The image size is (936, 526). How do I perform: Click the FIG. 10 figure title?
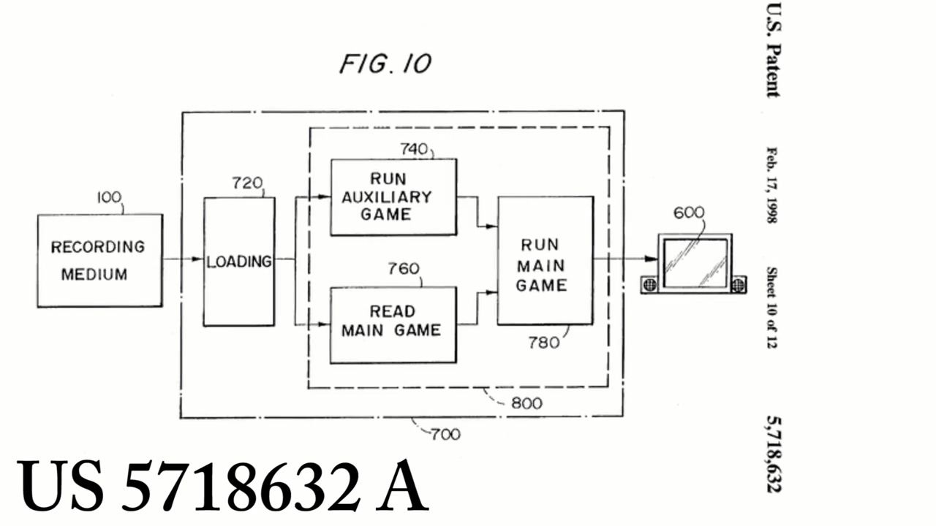(385, 64)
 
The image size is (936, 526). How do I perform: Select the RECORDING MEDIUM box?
(99, 261)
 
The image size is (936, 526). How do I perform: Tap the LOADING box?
(239, 261)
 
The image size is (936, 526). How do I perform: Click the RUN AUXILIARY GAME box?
(393, 197)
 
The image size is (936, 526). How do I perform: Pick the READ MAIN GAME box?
(393, 324)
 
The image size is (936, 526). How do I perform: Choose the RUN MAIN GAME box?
(545, 261)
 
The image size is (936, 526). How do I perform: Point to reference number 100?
(110, 197)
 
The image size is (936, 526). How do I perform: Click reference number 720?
(246, 183)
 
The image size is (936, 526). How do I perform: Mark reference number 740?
(414, 149)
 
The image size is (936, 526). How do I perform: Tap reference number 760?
(404, 269)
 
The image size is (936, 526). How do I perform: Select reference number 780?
(543, 341)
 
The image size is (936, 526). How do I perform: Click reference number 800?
(526, 403)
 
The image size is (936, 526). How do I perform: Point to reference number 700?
(445, 434)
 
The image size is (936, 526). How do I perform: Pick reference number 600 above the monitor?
(688, 213)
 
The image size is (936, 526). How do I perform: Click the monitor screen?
(695, 263)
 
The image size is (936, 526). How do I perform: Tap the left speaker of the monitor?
(649, 285)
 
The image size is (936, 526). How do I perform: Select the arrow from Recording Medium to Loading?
(183, 259)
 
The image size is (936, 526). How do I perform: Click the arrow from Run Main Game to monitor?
(625, 258)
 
